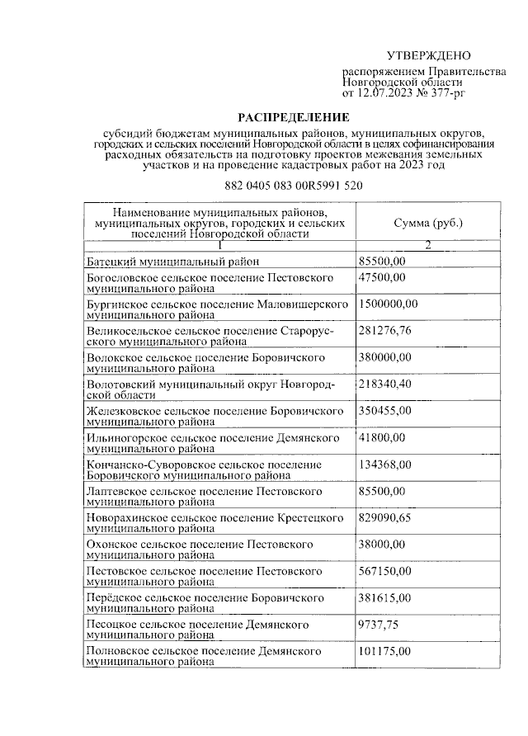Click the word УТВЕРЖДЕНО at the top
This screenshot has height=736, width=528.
[428, 55]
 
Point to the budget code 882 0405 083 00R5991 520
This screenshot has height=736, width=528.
[294, 186]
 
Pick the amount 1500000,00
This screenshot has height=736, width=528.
[389, 304]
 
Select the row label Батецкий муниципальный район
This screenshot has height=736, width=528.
[173, 262]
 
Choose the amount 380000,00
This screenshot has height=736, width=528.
[385, 357]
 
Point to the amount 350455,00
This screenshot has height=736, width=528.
[385, 410]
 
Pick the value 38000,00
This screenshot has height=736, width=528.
[383, 544]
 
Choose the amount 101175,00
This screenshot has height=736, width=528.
[385, 651]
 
